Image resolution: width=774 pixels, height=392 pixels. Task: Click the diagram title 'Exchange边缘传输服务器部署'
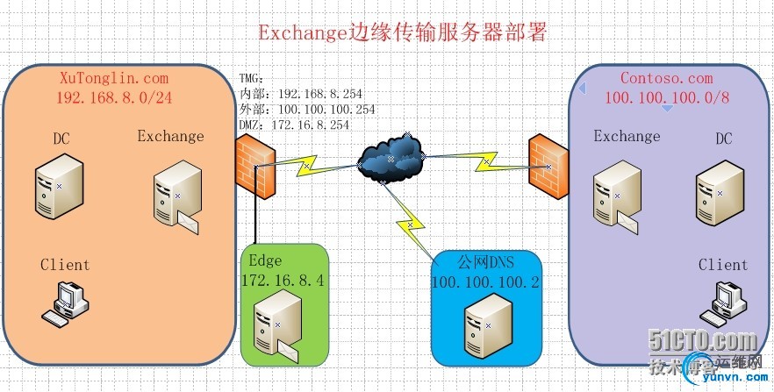tap(403, 33)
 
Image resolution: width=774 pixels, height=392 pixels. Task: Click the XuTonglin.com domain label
tap(112, 77)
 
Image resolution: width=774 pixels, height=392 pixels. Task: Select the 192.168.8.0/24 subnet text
tap(114, 97)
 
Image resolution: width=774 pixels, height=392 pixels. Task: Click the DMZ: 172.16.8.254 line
tap(294, 125)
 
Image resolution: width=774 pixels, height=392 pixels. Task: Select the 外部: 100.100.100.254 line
tap(307, 109)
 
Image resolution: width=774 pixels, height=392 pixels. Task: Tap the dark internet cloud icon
tap(390, 159)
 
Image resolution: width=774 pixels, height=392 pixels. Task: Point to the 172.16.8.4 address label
tap(283, 280)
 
